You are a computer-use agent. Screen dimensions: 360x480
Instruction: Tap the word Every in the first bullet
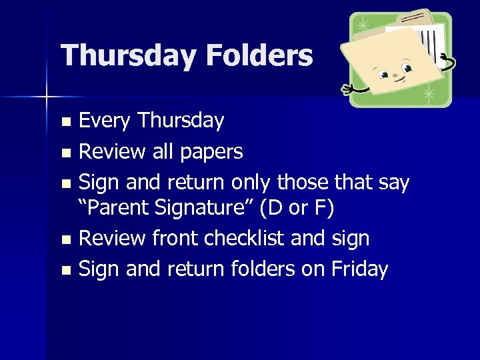(x=105, y=121)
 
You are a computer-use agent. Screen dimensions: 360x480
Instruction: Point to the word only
(x=253, y=181)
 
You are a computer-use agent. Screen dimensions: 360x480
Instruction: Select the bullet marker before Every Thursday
(x=65, y=122)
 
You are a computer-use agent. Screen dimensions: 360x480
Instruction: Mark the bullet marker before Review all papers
(x=65, y=153)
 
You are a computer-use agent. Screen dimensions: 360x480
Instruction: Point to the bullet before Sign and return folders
(x=65, y=270)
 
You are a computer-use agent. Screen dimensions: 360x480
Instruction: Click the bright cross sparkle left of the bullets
(x=47, y=98)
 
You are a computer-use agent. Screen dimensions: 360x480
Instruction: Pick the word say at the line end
(x=392, y=181)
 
